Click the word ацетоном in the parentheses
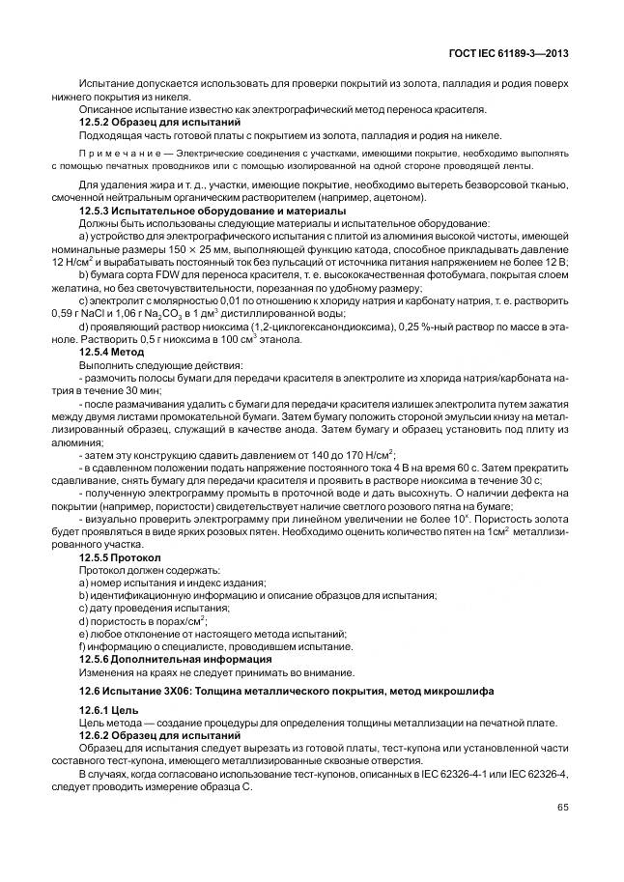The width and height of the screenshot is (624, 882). (394, 197)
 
